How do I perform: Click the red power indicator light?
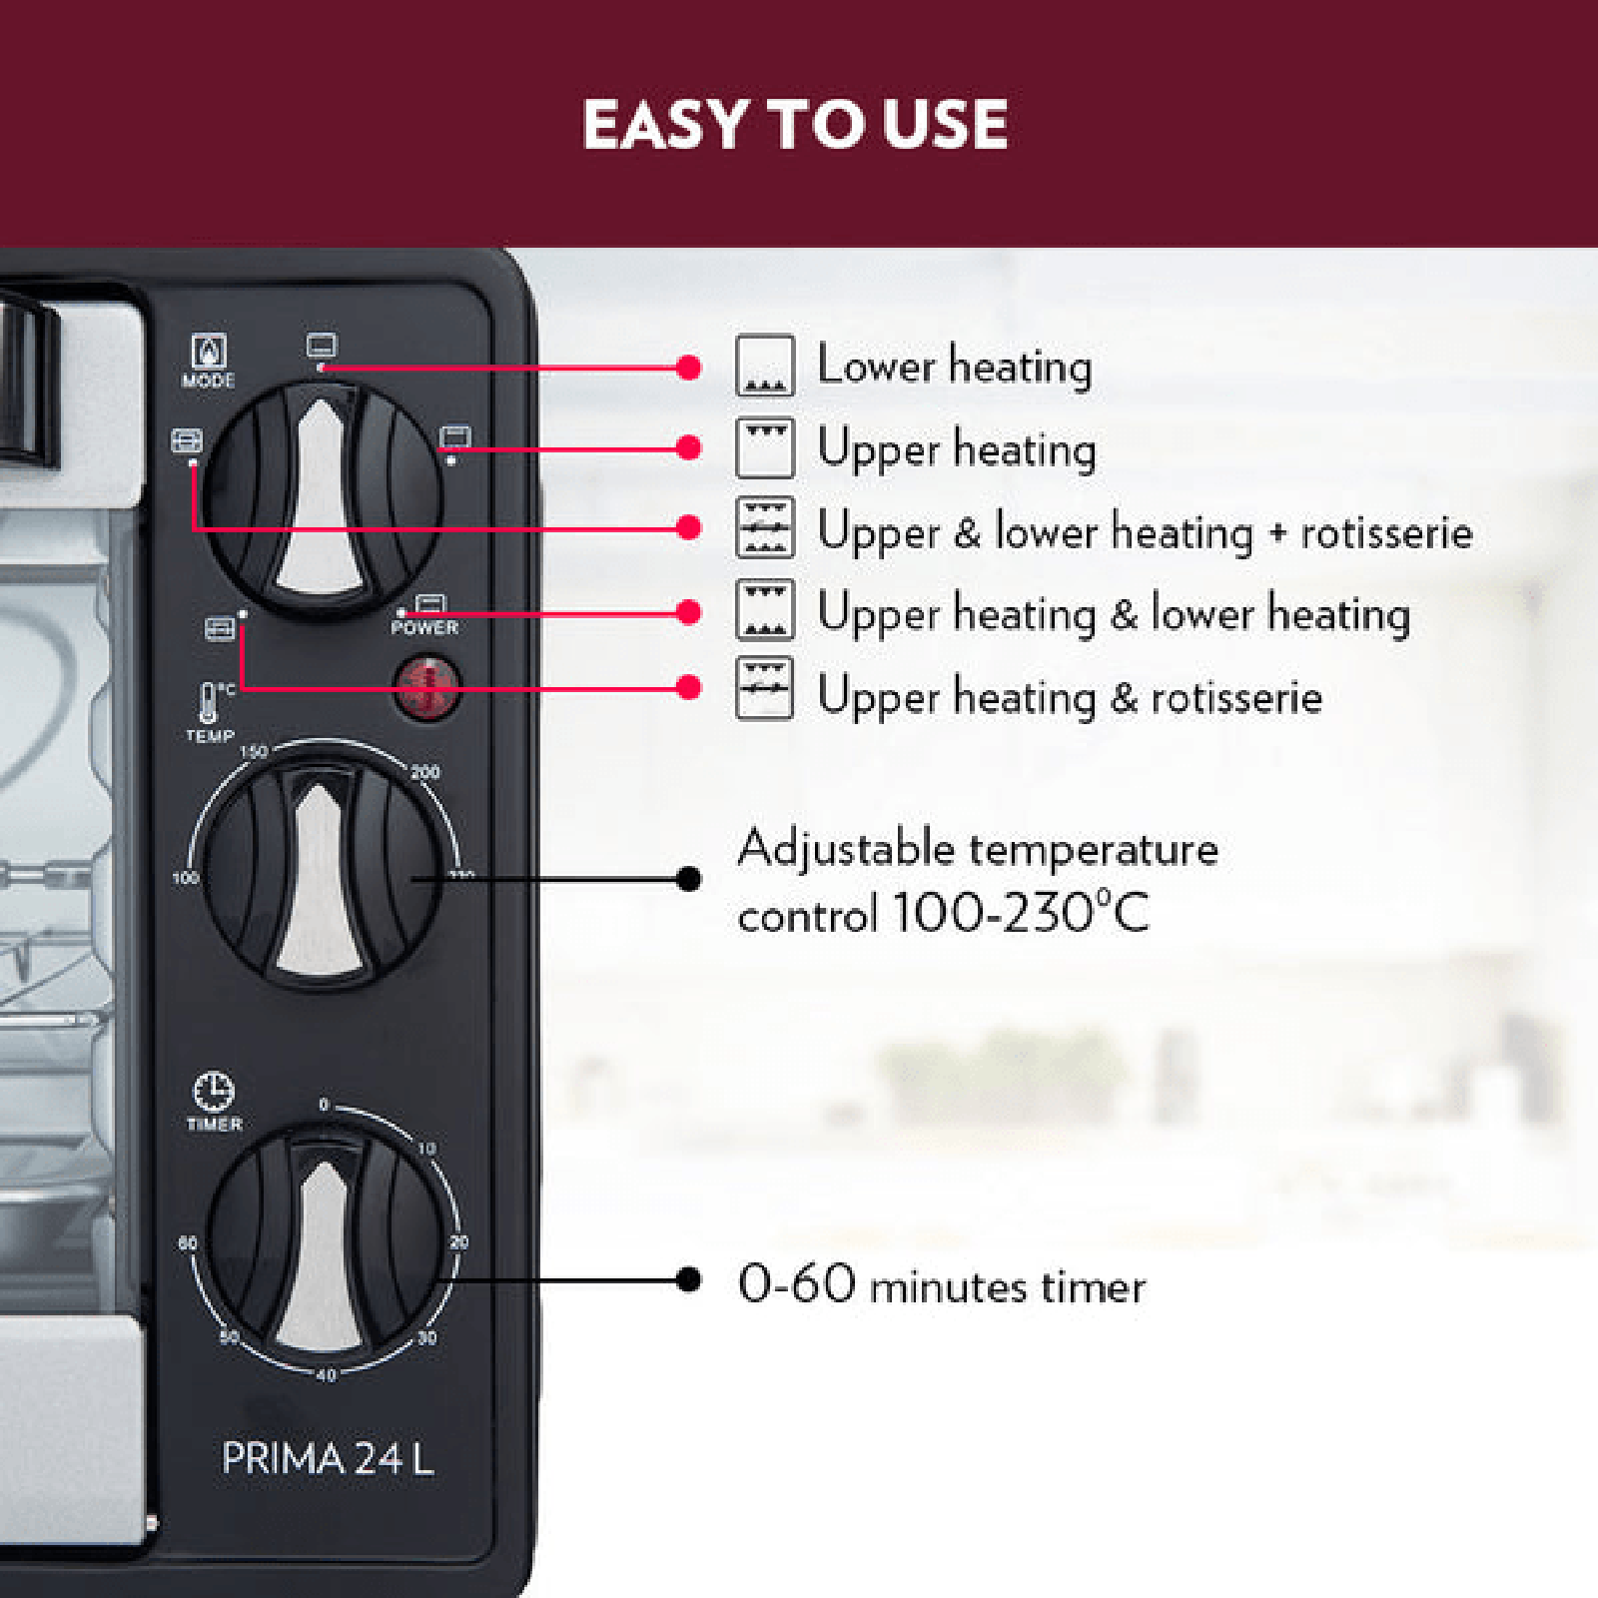point(426,688)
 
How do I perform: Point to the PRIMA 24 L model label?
point(328,1458)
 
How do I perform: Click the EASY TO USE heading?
point(795,124)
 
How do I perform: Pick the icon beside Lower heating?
point(765,366)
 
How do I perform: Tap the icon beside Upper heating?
point(765,447)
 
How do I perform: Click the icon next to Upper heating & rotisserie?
point(765,688)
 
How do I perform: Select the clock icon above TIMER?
point(213,1092)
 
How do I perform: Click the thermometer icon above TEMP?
point(208,702)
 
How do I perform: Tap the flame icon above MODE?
point(209,352)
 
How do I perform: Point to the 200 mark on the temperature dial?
point(424,772)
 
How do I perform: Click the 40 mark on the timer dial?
point(326,1375)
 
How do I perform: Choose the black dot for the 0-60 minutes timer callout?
point(688,1279)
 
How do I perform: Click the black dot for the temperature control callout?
point(688,879)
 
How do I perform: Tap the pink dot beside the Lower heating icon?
point(688,368)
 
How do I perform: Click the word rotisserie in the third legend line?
point(1386,533)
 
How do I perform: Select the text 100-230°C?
point(1021,912)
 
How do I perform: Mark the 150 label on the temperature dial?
point(254,751)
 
